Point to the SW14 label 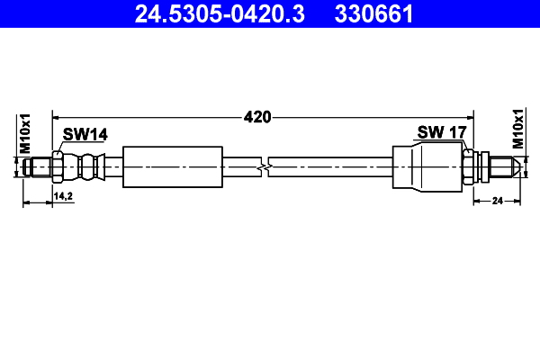(x=85, y=134)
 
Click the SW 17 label (x=441, y=132)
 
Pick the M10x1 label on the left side (x=26, y=133)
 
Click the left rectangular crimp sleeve (x=172, y=166)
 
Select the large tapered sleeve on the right (x=427, y=167)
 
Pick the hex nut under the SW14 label (x=58, y=167)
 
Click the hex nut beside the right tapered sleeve (x=468, y=167)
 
